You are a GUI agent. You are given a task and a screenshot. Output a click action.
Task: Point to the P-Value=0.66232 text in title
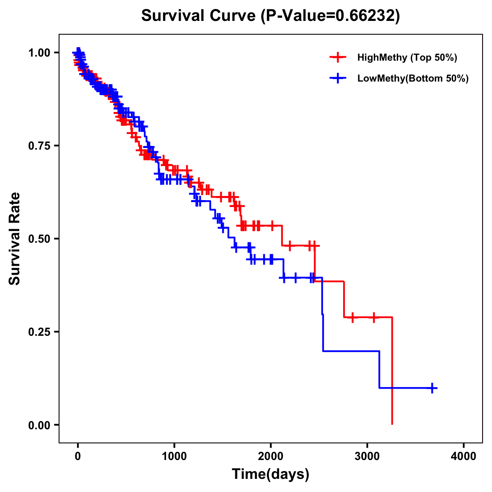331,16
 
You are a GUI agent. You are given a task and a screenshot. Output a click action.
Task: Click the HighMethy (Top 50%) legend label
407,57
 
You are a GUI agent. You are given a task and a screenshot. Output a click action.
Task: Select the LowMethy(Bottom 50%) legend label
412,78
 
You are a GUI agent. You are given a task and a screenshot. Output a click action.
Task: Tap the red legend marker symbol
337,57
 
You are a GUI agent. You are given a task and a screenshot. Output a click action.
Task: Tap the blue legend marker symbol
337,78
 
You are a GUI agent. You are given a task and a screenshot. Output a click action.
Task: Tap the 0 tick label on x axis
78,456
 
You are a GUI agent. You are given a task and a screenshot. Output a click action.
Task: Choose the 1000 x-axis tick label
174,456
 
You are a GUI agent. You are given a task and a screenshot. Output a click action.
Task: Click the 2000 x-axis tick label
271,456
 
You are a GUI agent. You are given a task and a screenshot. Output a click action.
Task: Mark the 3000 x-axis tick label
367,456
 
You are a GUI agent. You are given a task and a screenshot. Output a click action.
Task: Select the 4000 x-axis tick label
464,456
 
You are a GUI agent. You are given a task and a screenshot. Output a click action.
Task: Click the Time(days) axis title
271,474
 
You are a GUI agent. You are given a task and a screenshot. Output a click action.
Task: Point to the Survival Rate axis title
15,239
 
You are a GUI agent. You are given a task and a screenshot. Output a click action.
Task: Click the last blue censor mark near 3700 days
432,388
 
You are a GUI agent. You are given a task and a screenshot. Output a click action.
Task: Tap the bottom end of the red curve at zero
392,424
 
